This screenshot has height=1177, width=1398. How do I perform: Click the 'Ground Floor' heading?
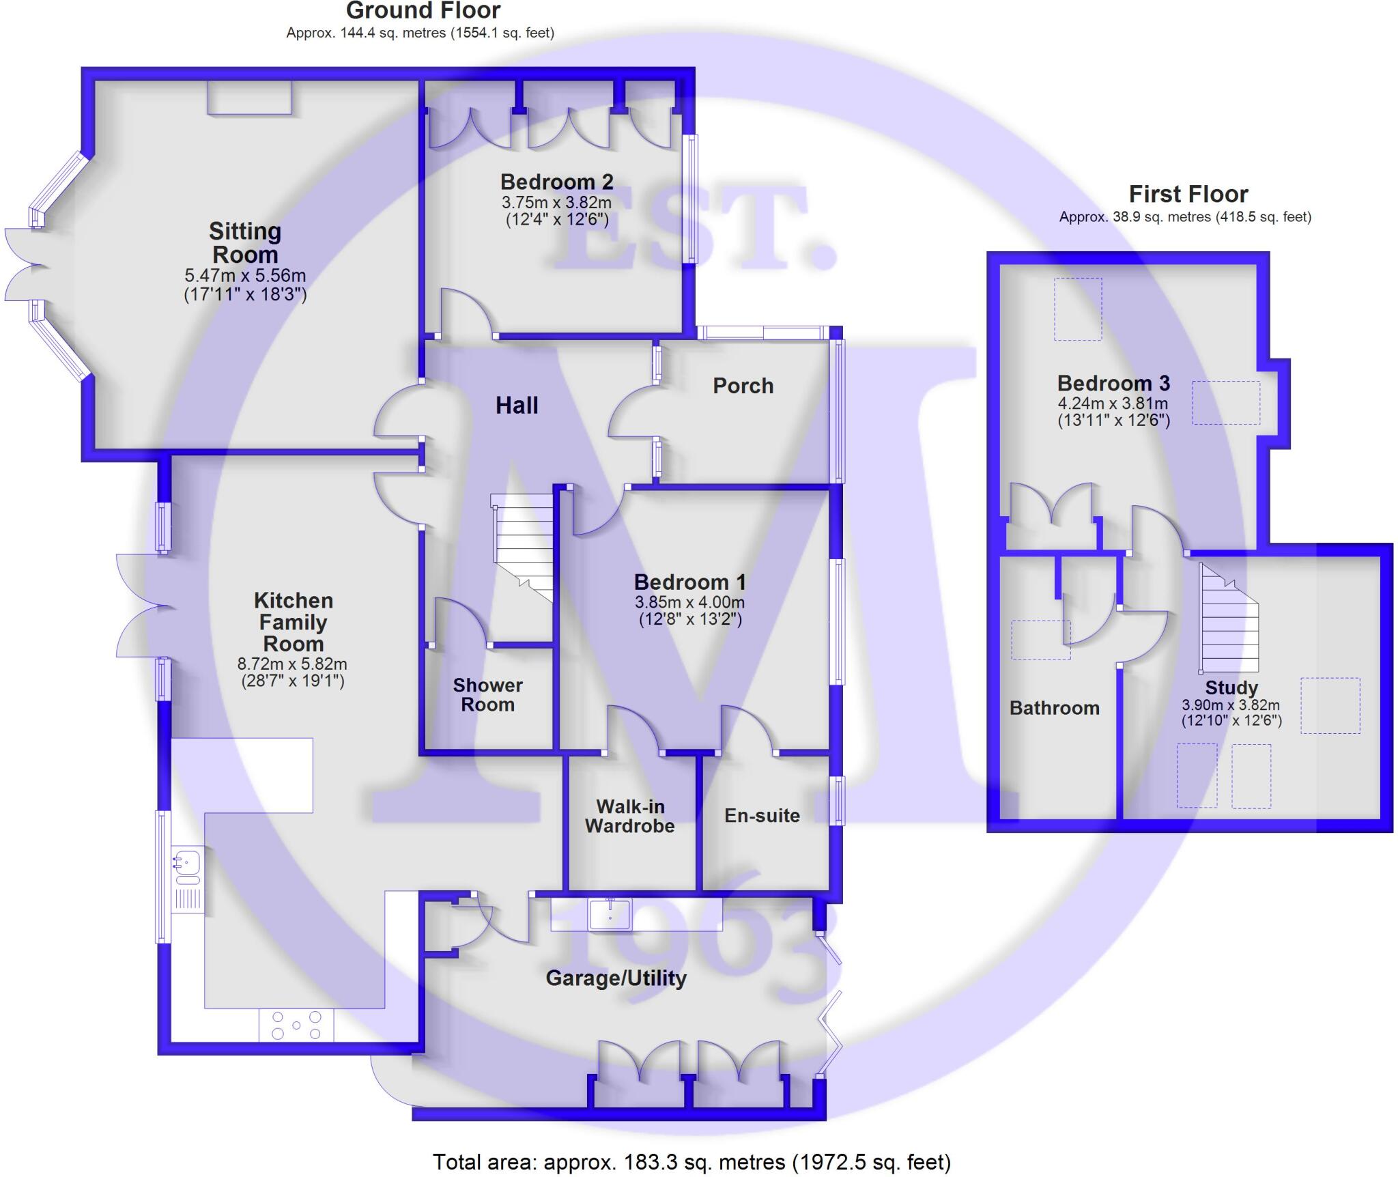423,11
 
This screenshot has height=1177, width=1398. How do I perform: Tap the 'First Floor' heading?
1188,195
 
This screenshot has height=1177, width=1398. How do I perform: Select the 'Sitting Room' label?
245,243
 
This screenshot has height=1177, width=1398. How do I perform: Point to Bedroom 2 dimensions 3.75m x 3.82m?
556,203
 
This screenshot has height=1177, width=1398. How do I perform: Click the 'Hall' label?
517,406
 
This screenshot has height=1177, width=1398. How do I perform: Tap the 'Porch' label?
743,386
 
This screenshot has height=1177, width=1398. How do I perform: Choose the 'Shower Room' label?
487,695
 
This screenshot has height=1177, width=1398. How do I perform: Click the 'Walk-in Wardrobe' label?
629,817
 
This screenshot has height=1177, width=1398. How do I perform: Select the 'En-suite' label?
762,815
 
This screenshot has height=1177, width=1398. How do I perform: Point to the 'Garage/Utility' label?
616,978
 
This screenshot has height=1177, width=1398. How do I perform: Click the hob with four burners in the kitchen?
296,1025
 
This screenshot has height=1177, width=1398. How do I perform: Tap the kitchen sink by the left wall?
186,862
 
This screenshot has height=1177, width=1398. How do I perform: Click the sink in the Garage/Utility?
610,913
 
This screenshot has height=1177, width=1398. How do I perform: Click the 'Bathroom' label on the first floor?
1054,708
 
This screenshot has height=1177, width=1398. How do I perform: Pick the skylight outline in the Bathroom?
1040,640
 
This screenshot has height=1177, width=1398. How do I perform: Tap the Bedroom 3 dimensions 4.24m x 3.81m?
1113,403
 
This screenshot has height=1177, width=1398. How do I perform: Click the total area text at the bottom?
691,1162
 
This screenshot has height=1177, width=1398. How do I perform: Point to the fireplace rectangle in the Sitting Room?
250,97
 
